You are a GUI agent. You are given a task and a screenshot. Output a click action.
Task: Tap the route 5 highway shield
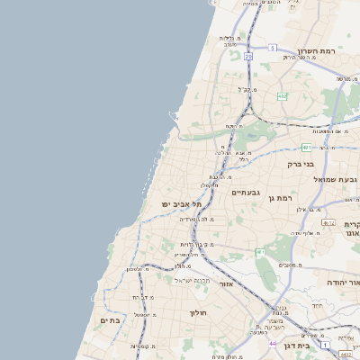pyautogui.click(x=272, y=47)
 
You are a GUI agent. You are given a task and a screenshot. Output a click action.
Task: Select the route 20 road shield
pyautogui.click(x=248, y=56)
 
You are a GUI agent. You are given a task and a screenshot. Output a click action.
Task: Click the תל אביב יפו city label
pyautogui.click(x=179, y=204)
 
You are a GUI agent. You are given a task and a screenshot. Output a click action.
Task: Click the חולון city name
pyautogui.click(x=198, y=313)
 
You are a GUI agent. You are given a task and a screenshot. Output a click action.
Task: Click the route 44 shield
pyautogui.click(x=273, y=344)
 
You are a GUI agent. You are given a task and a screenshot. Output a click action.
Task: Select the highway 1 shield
pyautogui.click(x=324, y=346)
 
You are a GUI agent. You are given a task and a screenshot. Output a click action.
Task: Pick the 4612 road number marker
pyautogui.click(x=328, y=223)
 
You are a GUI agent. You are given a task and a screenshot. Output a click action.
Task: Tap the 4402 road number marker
pyautogui.click(x=346, y=354)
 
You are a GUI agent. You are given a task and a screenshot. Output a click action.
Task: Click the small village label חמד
pyautogui.click(x=318, y=306)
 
